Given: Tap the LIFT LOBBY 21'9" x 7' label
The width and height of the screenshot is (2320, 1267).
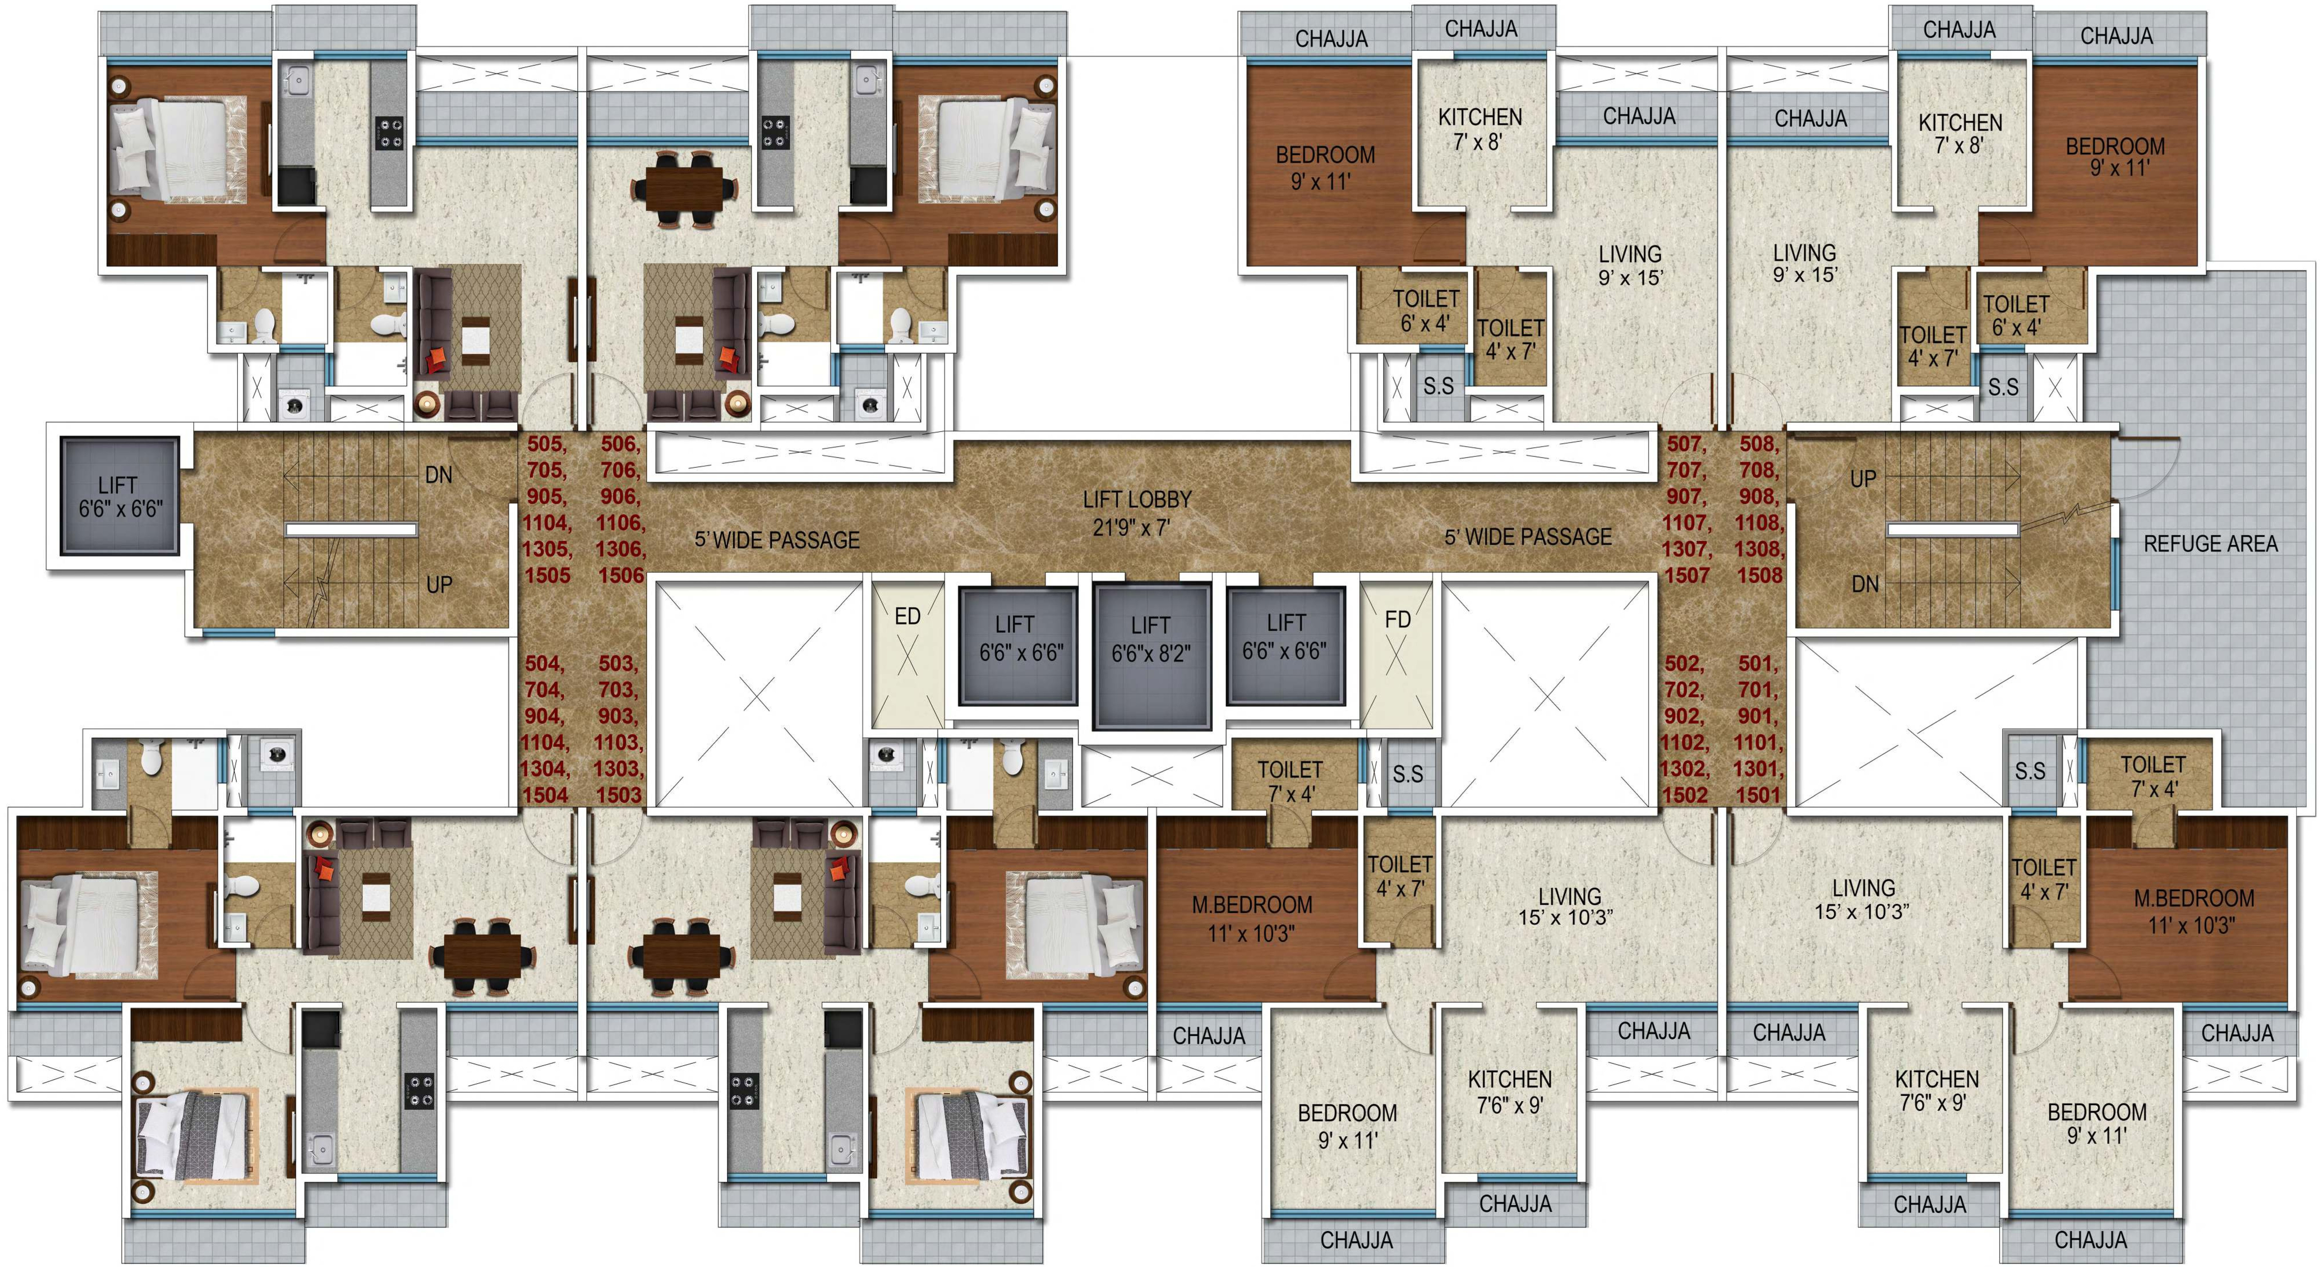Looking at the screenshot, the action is coord(1137,513).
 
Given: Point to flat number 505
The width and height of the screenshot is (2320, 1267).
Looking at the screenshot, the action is coord(547,443).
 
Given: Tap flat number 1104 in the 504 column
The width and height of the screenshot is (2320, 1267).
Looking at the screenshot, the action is coord(545,742).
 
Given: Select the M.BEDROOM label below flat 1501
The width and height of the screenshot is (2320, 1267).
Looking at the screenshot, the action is coord(2194,911).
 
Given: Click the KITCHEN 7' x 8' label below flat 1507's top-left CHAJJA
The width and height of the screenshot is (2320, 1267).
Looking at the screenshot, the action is coord(1480,129).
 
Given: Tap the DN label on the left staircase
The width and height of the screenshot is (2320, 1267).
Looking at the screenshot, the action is coord(439,475).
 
